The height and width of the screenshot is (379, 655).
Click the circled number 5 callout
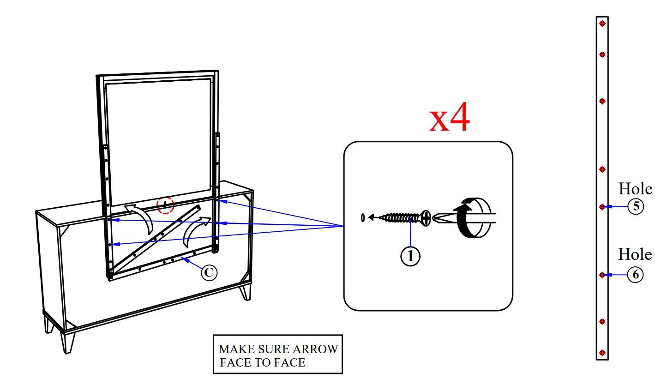point(636,207)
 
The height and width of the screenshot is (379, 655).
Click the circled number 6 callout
point(636,275)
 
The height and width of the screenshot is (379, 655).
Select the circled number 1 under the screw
point(410,256)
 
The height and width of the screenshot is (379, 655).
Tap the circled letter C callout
point(208,273)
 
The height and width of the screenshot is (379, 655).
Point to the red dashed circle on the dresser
point(165,205)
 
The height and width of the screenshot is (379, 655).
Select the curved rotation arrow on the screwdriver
point(466,217)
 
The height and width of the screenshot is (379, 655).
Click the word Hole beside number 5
point(635,189)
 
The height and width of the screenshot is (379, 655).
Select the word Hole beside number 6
point(635,254)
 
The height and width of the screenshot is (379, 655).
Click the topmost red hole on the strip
point(602,24)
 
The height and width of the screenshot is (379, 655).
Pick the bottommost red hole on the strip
point(602,353)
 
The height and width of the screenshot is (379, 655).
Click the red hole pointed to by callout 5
point(602,207)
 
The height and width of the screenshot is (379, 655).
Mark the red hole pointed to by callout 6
point(602,275)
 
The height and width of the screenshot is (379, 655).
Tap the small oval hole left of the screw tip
point(363,217)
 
